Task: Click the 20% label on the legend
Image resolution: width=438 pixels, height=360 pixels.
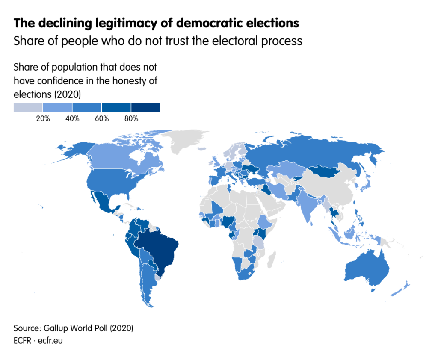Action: pos(43,119)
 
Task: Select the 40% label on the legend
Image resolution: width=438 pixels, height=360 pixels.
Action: pos(72,119)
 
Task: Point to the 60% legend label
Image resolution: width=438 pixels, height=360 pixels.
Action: pos(102,119)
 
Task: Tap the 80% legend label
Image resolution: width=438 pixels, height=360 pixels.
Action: pos(131,119)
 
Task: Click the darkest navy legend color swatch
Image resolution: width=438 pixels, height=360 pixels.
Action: pos(145,107)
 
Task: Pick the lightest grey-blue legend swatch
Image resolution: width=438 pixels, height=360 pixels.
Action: pos(28,107)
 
